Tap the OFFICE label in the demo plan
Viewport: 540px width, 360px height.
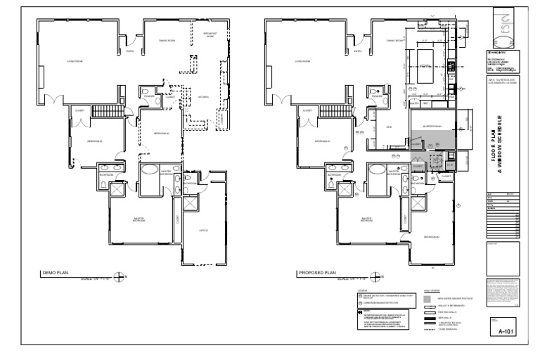[202, 230]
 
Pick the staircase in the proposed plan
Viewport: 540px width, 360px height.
[340, 111]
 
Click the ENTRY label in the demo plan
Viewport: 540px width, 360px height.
[129, 51]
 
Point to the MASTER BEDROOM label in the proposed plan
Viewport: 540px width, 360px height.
[366, 219]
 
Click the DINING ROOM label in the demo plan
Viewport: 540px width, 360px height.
[166, 41]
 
